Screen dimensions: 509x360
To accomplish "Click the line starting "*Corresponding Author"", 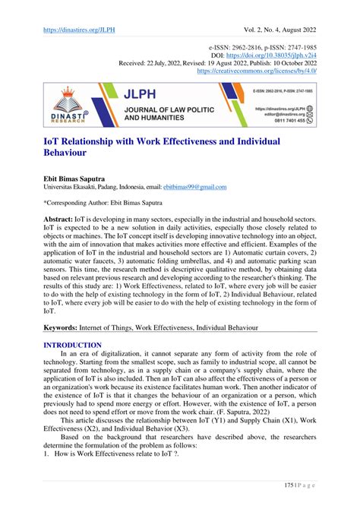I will pyautogui.click(x=115, y=202).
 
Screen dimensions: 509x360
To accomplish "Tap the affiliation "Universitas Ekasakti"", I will pyautogui.click(x=75, y=187).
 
